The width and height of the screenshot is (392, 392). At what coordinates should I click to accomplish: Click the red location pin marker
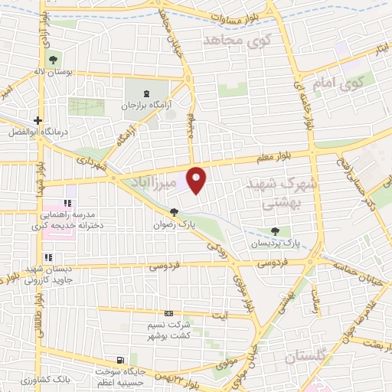pyautogui.click(x=197, y=180)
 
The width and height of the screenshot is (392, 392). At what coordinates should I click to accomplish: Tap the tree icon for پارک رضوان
pyautogui.click(x=175, y=212)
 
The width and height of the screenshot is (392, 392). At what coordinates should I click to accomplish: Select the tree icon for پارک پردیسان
pyautogui.click(x=275, y=231)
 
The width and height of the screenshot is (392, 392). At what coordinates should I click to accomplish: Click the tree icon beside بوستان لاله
pyautogui.click(x=52, y=60)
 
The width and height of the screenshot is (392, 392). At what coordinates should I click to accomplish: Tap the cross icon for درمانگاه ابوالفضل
pyautogui.click(x=38, y=119)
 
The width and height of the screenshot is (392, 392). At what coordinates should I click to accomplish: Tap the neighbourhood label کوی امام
pyautogui.click(x=329, y=82)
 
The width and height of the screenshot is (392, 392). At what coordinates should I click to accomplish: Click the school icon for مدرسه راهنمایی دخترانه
pyautogui.click(x=68, y=203)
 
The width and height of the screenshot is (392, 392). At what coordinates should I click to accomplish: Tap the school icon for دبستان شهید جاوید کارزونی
pyautogui.click(x=47, y=258)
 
